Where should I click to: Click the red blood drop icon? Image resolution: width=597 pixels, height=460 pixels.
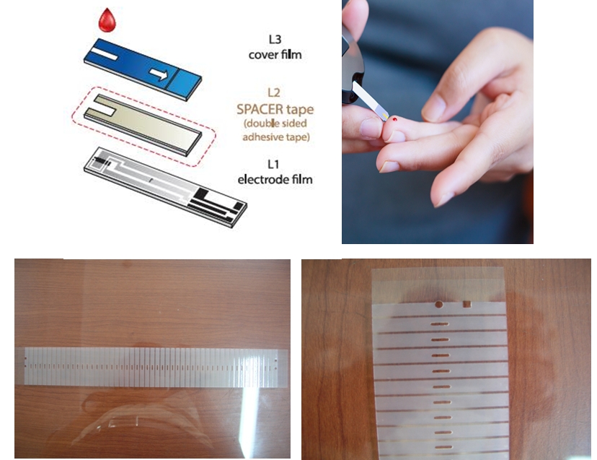click(107, 21)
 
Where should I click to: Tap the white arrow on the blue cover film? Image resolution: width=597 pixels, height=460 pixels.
click(159, 74)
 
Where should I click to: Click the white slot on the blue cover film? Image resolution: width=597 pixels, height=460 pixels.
click(104, 53)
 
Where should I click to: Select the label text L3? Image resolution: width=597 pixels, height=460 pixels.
click(275, 39)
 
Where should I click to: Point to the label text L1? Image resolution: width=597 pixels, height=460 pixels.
click(273, 164)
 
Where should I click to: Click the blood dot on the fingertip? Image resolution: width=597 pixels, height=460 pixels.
click(395, 119)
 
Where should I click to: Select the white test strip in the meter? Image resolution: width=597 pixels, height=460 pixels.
click(370, 100)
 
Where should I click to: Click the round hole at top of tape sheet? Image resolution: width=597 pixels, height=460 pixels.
click(439, 304)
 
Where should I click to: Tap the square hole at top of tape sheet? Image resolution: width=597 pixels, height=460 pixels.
click(466, 304)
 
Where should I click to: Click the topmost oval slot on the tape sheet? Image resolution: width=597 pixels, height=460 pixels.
click(440, 324)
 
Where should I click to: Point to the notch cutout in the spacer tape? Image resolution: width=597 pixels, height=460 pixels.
click(101, 108)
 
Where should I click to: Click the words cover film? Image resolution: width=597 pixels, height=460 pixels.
click(275, 55)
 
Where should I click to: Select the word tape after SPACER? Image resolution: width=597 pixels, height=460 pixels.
click(301, 110)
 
